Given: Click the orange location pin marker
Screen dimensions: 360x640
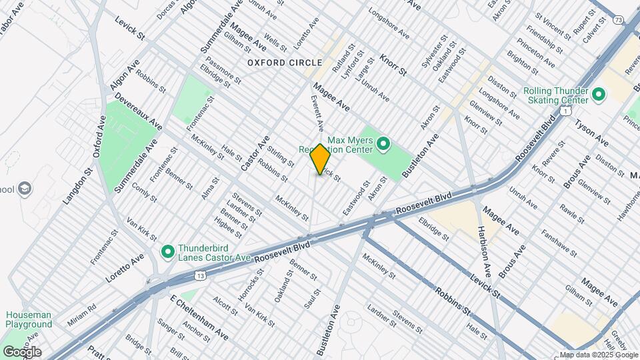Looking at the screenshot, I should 321,159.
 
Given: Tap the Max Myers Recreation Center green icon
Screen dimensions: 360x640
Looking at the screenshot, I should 383,143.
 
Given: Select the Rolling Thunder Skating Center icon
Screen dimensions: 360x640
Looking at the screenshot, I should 598,95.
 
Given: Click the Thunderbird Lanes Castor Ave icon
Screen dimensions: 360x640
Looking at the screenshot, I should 168,252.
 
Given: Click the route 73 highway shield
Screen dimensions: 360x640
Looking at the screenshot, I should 619,21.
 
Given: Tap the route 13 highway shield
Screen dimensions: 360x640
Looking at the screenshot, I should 199,274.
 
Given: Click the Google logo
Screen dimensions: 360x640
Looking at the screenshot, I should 21,351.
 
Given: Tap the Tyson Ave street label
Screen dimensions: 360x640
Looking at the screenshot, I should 591,134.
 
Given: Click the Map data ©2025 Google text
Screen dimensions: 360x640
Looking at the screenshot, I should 599,355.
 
